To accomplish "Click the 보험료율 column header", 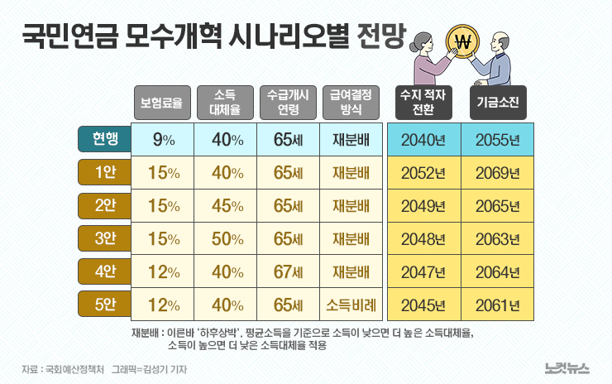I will [x=164, y=103].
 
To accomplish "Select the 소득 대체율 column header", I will [x=225, y=103].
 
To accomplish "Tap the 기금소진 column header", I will [x=497, y=103].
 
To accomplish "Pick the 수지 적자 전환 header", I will [x=423, y=103].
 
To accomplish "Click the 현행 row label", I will [x=105, y=139].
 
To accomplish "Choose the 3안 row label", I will [x=105, y=238].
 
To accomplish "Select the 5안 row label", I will [x=105, y=305].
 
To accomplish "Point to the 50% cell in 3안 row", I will [x=226, y=239].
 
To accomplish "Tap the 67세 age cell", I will [x=288, y=272].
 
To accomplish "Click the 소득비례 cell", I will [x=350, y=305].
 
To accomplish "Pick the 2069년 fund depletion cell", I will [x=497, y=173].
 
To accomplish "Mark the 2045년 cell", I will [x=423, y=305].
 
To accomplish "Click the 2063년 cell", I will [x=497, y=239].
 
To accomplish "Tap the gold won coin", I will [x=463, y=41].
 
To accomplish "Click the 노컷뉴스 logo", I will [x=568, y=367].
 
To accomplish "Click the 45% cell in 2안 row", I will [x=226, y=206].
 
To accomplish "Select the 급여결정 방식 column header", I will [x=350, y=103].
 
